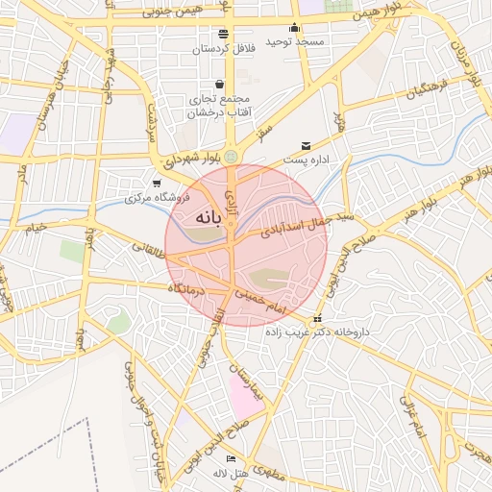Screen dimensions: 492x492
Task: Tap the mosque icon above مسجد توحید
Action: tap(294, 27)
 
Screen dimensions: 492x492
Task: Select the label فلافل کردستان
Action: tap(222, 48)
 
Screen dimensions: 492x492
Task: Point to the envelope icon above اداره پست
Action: tap(307, 145)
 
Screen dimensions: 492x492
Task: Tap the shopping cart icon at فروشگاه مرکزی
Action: tap(158, 183)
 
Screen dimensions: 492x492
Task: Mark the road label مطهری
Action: tap(273, 473)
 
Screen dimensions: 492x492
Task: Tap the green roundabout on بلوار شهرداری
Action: tap(231, 158)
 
